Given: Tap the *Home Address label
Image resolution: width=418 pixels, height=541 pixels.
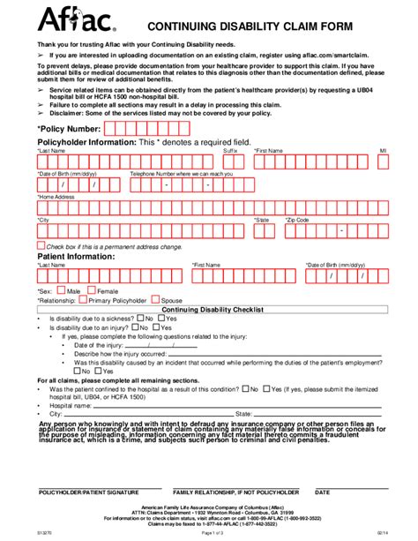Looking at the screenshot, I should pyautogui.click(x=56, y=197).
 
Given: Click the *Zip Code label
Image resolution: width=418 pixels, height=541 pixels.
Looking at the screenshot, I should pyautogui.click(x=296, y=220).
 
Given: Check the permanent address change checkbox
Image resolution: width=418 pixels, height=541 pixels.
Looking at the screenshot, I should pyautogui.click(x=41, y=246).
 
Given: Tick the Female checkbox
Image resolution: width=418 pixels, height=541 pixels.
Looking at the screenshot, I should pyautogui.click(x=92, y=289).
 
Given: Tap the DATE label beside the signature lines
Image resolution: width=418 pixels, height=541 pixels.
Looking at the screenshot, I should pyautogui.click(x=322, y=491).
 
